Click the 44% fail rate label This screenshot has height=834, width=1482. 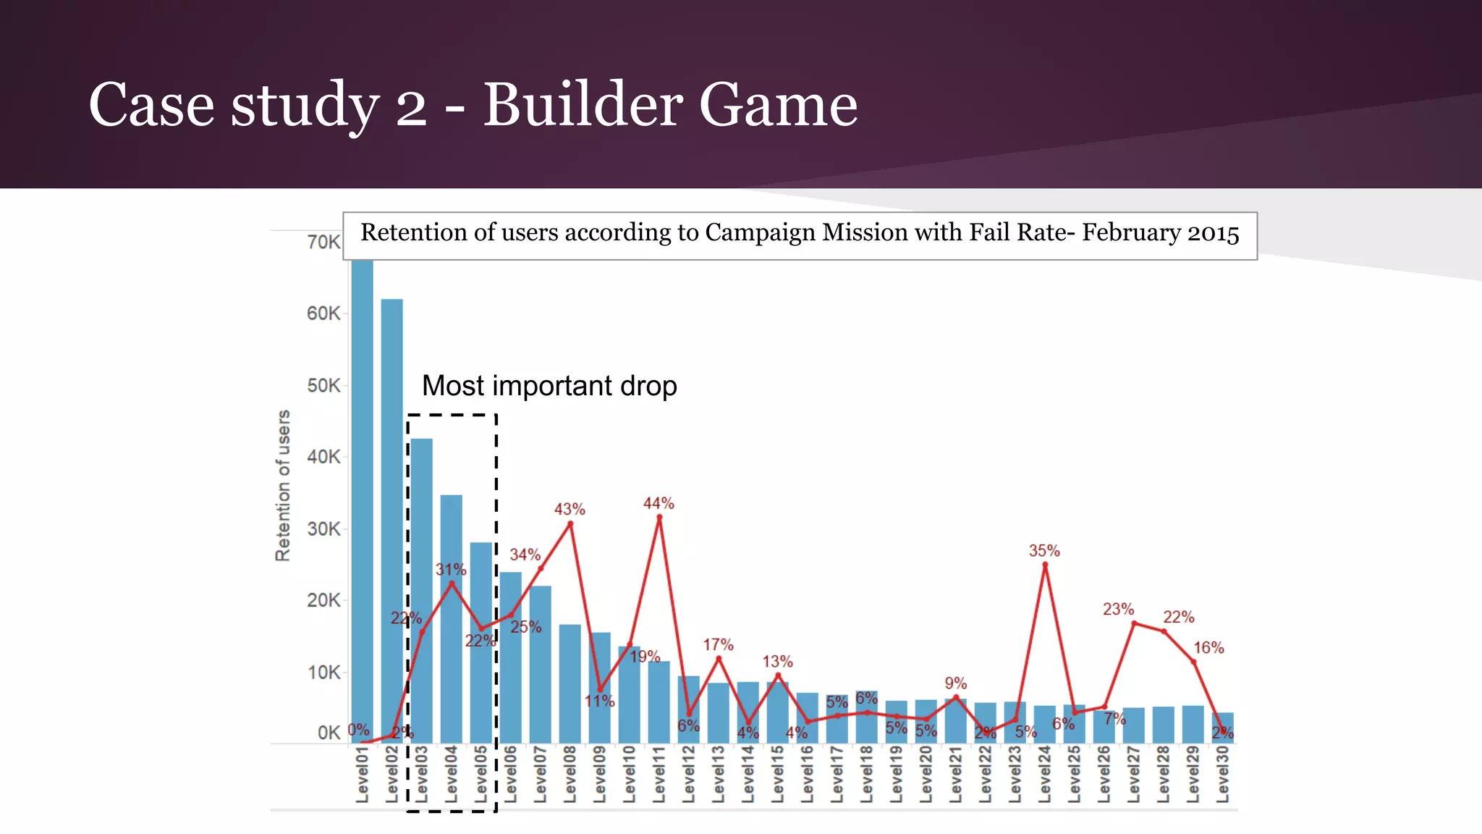coord(659,503)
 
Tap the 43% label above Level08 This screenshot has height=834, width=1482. coord(569,510)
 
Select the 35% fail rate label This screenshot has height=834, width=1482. coord(1044,551)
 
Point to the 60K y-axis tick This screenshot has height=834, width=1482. coord(323,313)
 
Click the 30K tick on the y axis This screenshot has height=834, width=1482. coord(323,529)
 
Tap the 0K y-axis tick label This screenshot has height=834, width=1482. coord(328,733)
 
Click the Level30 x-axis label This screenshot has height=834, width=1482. coord(1222,775)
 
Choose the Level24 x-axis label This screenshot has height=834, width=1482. coord(1044,775)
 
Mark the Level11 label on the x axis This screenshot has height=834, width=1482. coord(659,775)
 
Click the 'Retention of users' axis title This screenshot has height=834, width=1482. coord(283,485)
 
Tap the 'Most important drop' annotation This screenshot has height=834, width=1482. coord(549,386)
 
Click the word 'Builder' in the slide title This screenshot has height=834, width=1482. coord(582,105)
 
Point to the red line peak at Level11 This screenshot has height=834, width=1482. coord(659,518)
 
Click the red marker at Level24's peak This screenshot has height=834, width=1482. coord(1045,565)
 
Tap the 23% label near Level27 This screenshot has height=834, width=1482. coord(1118,610)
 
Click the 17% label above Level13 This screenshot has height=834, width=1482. coord(718,644)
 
